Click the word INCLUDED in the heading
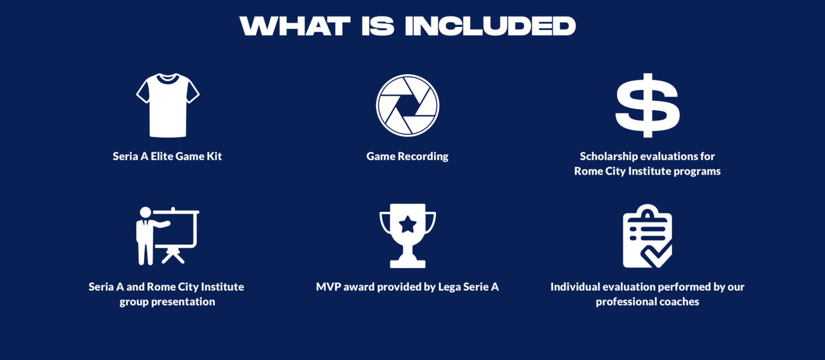click(x=490, y=26)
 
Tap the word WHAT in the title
click(x=295, y=26)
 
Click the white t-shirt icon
click(x=168, y=105)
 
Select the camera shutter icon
click(x=407, y=105)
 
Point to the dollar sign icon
click(x=647, y=105)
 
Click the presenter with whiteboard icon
click(x=168, y=236)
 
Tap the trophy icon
click(x=407, y=236)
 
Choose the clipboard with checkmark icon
click(x=647, y=236)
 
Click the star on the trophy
click(x=407, y=225)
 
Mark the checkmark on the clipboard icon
click(x=656, y=255)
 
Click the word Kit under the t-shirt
click(x=214, y=156)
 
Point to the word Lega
click(x=448, y=287)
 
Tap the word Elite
click(x=162, y=156)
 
